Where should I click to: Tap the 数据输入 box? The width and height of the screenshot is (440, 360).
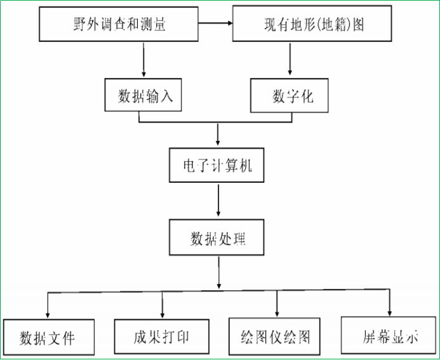pyautogui.click(x=145, y=96)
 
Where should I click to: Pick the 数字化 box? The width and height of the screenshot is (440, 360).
pyautogui.click(x=290, y=96)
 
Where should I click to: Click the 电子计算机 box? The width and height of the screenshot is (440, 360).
pyautogui.click(x=218, y=166)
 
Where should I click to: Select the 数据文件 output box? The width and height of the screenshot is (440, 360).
pyautogui.click(x=48, y=337)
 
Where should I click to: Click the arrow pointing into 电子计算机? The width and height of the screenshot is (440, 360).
pyautogui.click(x=218, y=135)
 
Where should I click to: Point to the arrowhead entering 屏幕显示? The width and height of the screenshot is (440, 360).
pyautogui.click(x=389, y=311)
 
